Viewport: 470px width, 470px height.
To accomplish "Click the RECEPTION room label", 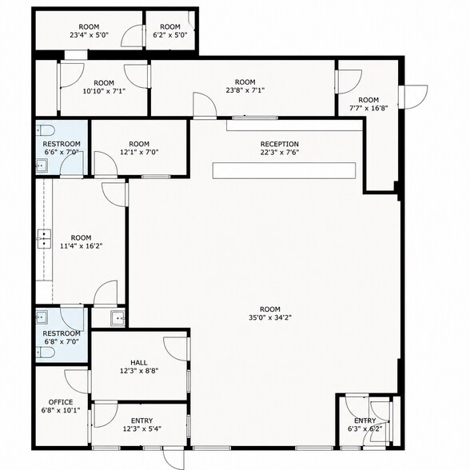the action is pyautogui.click(x=280, y=144).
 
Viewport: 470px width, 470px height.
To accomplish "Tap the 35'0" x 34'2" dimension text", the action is pyautogui.click(x=270, y=317).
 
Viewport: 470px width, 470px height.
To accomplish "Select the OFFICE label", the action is pyautogui.click(x=61, y=402).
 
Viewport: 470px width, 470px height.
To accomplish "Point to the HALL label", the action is pyautogui.click(x=139, y=363).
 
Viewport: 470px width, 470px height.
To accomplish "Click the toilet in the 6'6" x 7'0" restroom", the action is pyautogui.click(x=45, y=130).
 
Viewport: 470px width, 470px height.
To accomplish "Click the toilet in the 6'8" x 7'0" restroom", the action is pyautogui.click(x=46, y=352).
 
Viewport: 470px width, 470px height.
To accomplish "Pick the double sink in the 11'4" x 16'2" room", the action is pyautogui.click(x=44, y=239).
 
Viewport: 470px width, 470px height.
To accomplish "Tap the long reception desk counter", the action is pyautogui.click(x=284, y=170).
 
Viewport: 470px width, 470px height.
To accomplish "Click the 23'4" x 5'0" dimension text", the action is pyautogui.click(x=89, y=35).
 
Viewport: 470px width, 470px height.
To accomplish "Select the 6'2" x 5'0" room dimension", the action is pyautogui.click(x=170, y=35).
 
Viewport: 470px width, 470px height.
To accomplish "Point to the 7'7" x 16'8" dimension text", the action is pyautogui.click(x=368, y=108).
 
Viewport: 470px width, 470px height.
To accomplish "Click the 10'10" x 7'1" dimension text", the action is pyautogui.click(x=104, y=91).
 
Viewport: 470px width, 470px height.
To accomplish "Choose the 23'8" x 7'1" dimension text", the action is pyautogui.click(x=245, y=90).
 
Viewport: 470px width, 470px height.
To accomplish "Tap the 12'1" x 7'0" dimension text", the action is pyautogui.click(x=139, y=152).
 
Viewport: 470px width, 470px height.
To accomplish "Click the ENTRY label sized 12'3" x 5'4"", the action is pyautogui.click(x=141, y=420).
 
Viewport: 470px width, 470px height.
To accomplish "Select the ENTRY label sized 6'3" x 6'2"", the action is pyautogui.click(x=364, y=420).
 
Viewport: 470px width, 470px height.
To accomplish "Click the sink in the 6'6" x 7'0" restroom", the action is pyautogui.click(x=42, y=165).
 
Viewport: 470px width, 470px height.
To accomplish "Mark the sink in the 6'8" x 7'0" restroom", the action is pyautogui.click(x=42, y=317).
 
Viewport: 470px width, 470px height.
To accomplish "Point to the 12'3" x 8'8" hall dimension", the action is pyautogui.click(x=139, y=371).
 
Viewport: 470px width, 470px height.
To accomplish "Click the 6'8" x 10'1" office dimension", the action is pyautogui.click(x=61, y=410).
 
